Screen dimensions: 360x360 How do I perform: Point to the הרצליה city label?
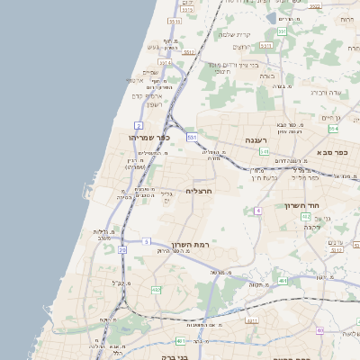click(x=198, y=191)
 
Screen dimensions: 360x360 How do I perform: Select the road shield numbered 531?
click(x=192, y=137)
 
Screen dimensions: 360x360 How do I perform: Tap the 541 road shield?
click(x=264, y=152)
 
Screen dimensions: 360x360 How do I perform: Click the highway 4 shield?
click(x=256, y=211)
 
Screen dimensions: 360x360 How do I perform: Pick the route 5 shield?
click(x=146, y=242)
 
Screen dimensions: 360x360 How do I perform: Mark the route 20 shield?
click(x=121, y=249)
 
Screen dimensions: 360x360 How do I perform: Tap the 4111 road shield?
click(x=251, y=319)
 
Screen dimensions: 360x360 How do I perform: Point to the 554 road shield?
click(x=346, y=130)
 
